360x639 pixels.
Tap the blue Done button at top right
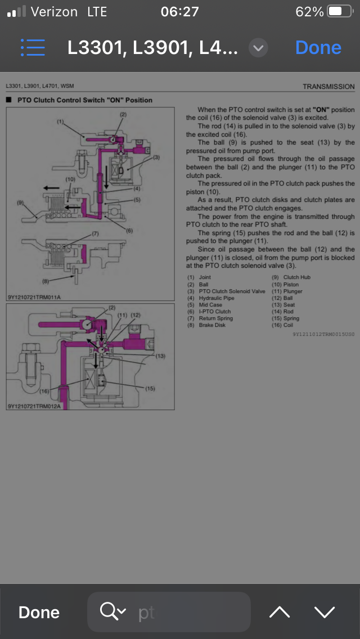click(318, 48)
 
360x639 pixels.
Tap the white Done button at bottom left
click(39, 612)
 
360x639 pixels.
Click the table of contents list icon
click(33, 48)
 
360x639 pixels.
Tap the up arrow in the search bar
click(280, 612)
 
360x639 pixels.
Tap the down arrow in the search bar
click(325, 612)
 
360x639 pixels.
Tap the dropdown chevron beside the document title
click(258, 48)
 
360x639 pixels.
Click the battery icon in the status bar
click(340, 11)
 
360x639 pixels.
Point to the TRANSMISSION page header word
click(328, 87)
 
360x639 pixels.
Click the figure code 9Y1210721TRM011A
click(34, 297)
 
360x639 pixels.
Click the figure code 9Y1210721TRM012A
click(34, 406)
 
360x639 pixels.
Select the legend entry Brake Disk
click(212, 325)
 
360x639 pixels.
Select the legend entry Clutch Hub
click(297, 277)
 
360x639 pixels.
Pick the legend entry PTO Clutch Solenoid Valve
click(232, 291)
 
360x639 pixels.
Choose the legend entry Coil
click(288, 325)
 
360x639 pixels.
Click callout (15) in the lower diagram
click(150, 388)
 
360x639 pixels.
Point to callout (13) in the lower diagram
click(161, 355)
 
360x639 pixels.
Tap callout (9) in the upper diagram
click(20, 202)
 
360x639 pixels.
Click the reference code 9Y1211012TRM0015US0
click(323, 334)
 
